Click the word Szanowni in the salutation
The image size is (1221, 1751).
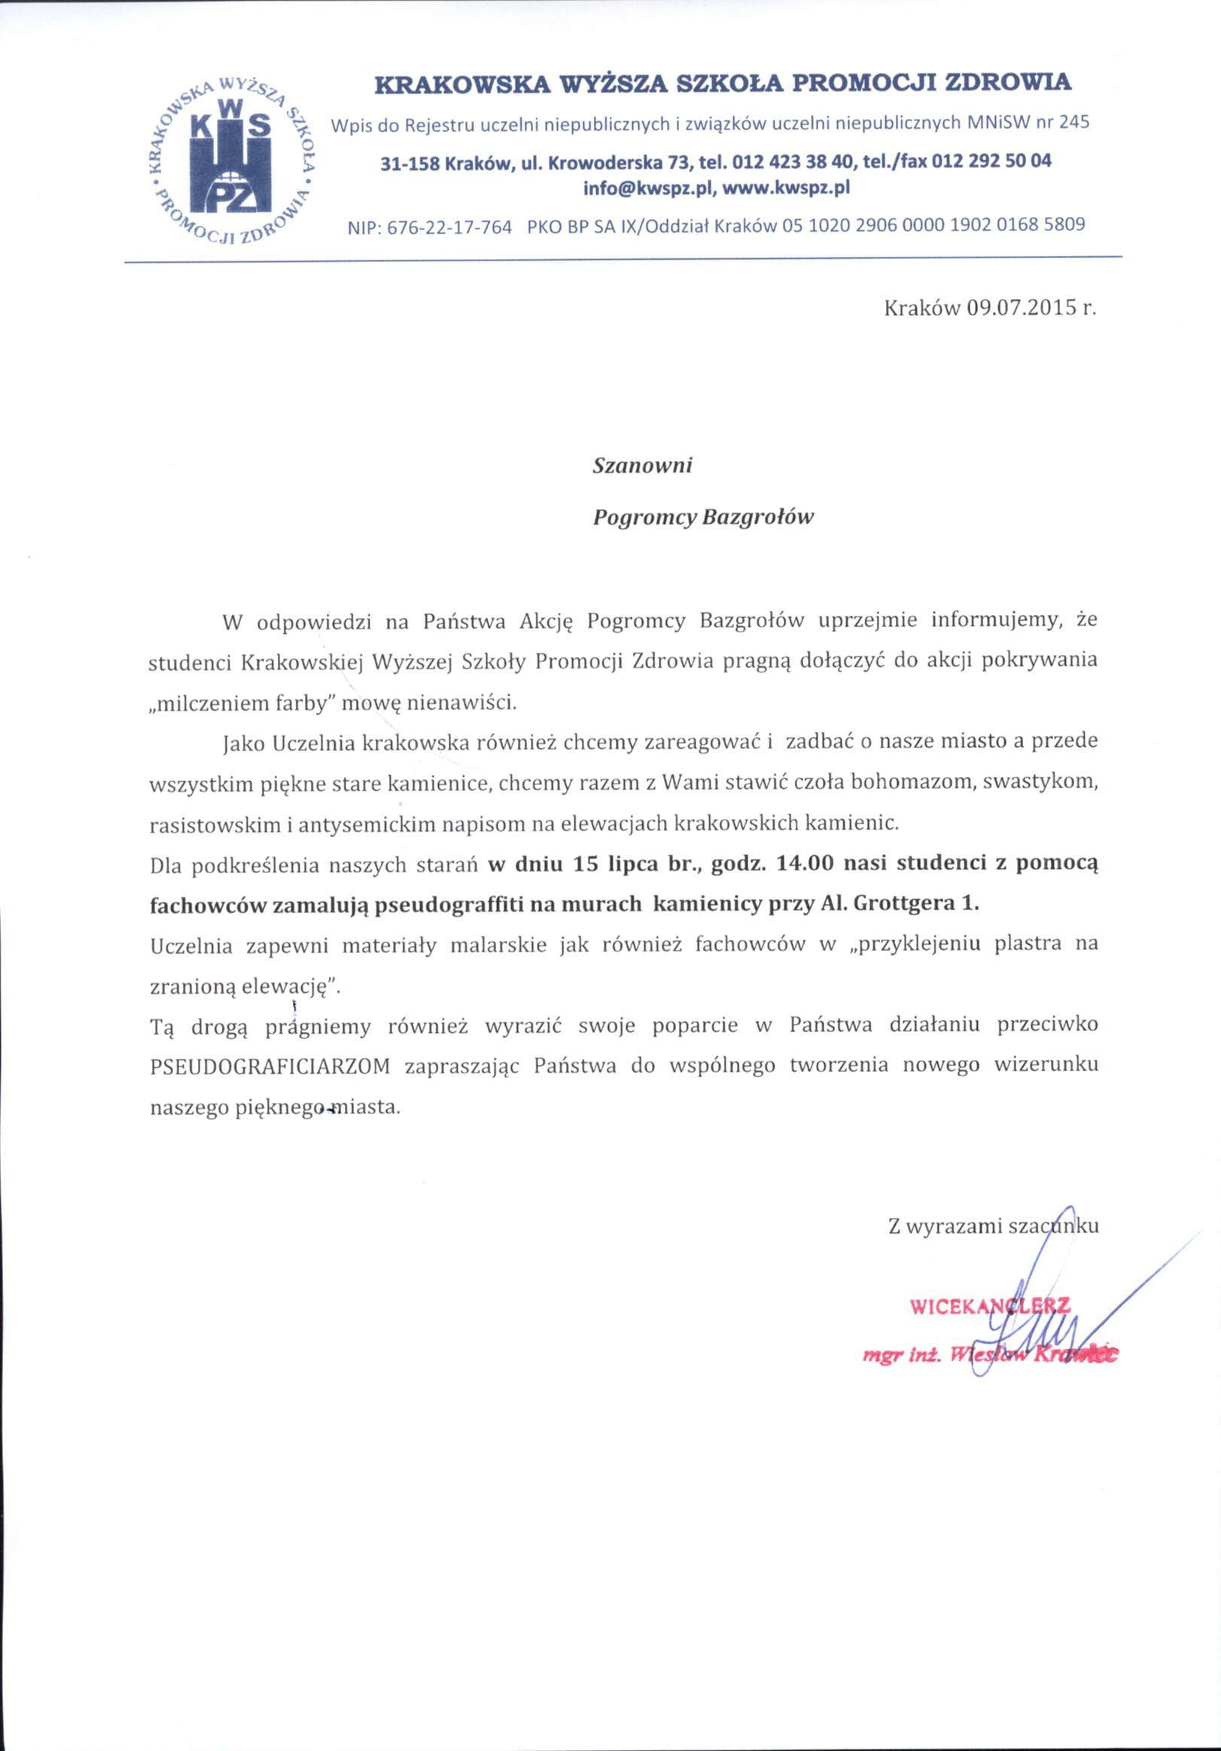[642, 465]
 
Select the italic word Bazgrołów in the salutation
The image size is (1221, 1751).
[757, 518]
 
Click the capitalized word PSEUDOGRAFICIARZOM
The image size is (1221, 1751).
[270, 1066]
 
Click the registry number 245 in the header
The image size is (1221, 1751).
[1073, 122]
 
